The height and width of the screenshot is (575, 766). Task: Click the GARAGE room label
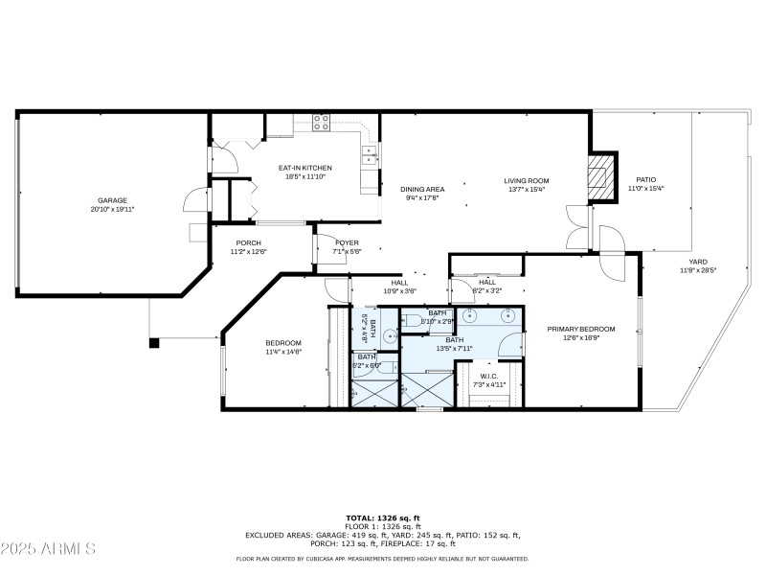(112, 200)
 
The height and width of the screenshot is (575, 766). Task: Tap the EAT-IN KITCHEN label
(305, 168)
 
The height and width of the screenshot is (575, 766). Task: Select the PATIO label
(645, 179)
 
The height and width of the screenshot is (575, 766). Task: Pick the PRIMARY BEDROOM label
(581, 329)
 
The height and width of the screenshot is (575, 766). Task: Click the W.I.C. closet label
(489, 376)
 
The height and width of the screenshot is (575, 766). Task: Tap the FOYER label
(346, 242)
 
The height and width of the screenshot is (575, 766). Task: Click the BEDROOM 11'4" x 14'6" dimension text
(283, 352)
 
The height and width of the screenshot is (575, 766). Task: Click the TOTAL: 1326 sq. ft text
(382, 517)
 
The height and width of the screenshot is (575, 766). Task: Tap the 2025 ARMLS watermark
(48, 549)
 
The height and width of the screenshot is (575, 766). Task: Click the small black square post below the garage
(152, 341)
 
